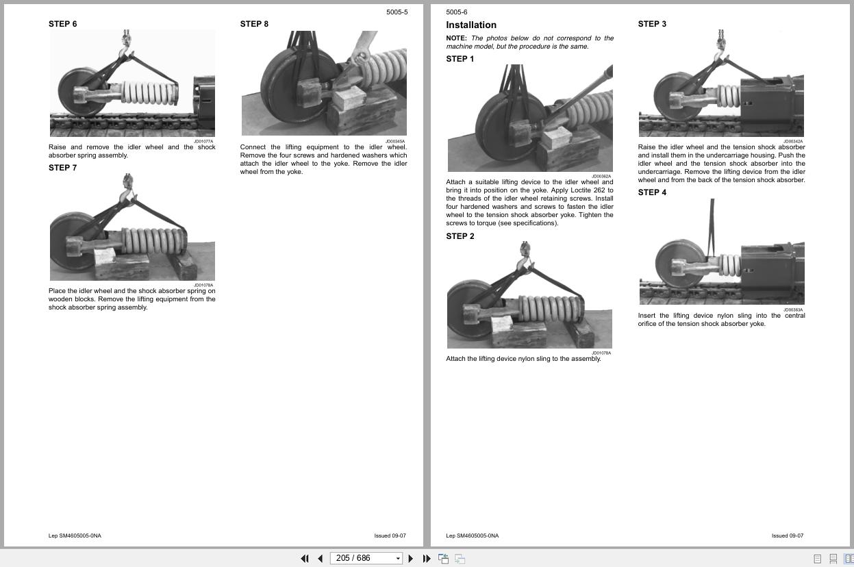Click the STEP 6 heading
(62, 24)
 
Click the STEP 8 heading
(254, 24)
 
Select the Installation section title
(471, 25)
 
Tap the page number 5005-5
(397, 12)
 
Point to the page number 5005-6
(457, 12)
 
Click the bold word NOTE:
(456, 38)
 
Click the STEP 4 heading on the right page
(652, 192)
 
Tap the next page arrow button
(411, 559)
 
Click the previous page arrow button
(321, 559)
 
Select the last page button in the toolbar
(427, 559)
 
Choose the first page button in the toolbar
(305, 559)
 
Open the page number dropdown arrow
(398, 559)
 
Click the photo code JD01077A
(203, 142)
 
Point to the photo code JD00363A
(793, 310)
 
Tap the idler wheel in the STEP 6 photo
(81, 92)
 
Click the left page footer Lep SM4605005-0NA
(75, 535)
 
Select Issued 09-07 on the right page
(788, 535)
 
